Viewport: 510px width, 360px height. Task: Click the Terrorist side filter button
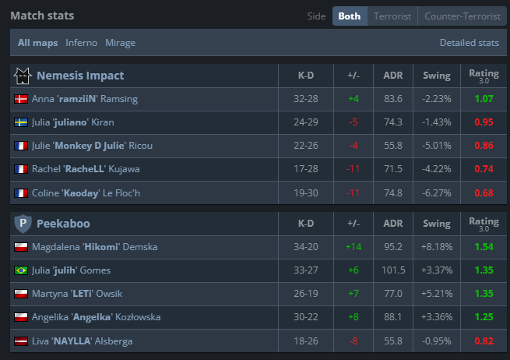coord(392,16)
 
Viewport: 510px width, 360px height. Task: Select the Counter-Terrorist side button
coord(463,16)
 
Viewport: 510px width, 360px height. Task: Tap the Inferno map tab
coord(81,43)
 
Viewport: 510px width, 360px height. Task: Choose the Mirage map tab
coord(121,43)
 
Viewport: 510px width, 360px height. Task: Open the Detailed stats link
coord(469,43)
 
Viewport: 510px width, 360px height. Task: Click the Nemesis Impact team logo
coord(23,76)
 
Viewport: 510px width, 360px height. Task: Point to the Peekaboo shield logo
coord(23,224)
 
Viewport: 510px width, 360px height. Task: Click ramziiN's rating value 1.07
coord(484,99)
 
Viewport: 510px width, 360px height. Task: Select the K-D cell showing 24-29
coord(306,122)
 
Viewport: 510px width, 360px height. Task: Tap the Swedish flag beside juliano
coord(21,122)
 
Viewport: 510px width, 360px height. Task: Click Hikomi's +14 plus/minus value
coord(353,247)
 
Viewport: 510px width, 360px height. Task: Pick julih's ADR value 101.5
coord(393,270)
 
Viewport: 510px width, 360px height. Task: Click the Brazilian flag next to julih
coord(21,270)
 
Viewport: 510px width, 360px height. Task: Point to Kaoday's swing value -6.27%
coord(437,193)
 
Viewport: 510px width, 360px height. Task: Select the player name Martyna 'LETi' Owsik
coord(77,294)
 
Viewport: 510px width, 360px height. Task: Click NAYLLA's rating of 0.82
coord(484,341)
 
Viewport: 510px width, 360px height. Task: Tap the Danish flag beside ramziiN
coord(21,99)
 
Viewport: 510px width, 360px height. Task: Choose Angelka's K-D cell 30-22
coord(306,317)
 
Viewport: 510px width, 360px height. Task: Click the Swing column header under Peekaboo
coord(437,224)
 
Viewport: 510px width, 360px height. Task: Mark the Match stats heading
coord(42,16)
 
